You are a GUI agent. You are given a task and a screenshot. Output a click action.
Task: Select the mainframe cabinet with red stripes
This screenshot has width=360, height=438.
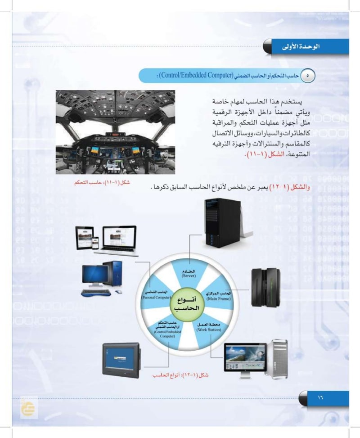point(265,284)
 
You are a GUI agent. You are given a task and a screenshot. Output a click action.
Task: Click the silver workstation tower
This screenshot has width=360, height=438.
point(275,357)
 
